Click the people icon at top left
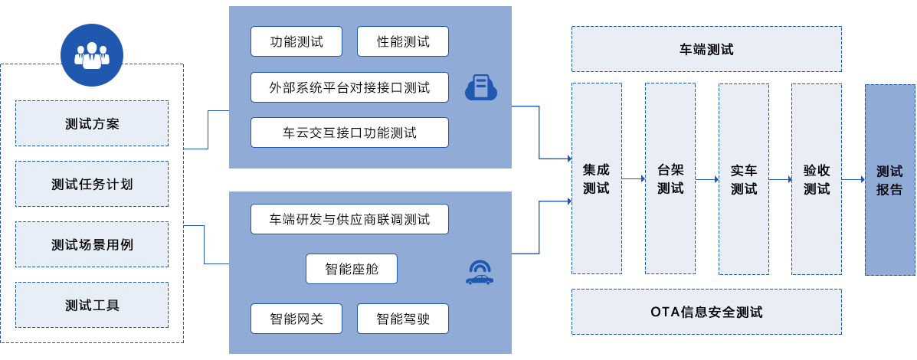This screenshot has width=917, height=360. click(x=91, y=55)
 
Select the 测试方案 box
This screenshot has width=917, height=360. click(x=92, y=123)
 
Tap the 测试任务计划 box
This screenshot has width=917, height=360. click(x=92, y=184)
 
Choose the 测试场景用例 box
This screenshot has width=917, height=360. click(x=92, y=244)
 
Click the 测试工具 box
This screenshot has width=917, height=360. click(x=92, y=305)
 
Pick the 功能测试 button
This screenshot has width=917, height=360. click(x=296, y=42)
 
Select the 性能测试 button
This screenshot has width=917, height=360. click(x=403, y=42)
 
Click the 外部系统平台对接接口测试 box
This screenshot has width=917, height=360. click(x=349, y=87)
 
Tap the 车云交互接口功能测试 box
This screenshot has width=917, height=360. click(x=349, y=133)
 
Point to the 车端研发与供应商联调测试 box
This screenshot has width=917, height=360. click(x=349, y=219)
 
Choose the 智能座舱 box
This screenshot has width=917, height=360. click(x=352, y=269)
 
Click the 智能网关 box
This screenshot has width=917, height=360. click(x=296, y=319)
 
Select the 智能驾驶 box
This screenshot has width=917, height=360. click(x=403, y=319)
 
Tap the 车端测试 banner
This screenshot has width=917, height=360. click(x=706, y=50)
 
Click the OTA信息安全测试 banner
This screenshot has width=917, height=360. click(x=706, y=312)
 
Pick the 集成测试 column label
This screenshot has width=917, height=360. click(x=596, y=179)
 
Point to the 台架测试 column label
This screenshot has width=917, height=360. click(x=670, y=179)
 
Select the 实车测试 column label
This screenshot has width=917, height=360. click(x=743, y=179)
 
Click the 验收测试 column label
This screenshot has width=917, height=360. click(x=817, y=179)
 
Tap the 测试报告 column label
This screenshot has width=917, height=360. click(x=889, y=179)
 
